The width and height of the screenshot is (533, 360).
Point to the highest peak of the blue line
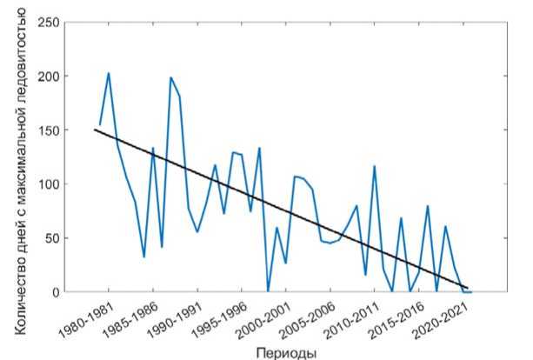[x=109, y=73]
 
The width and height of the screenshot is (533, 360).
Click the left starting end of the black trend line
[x=94, y=130]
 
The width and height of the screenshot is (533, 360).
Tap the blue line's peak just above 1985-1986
[x=153, y=149]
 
